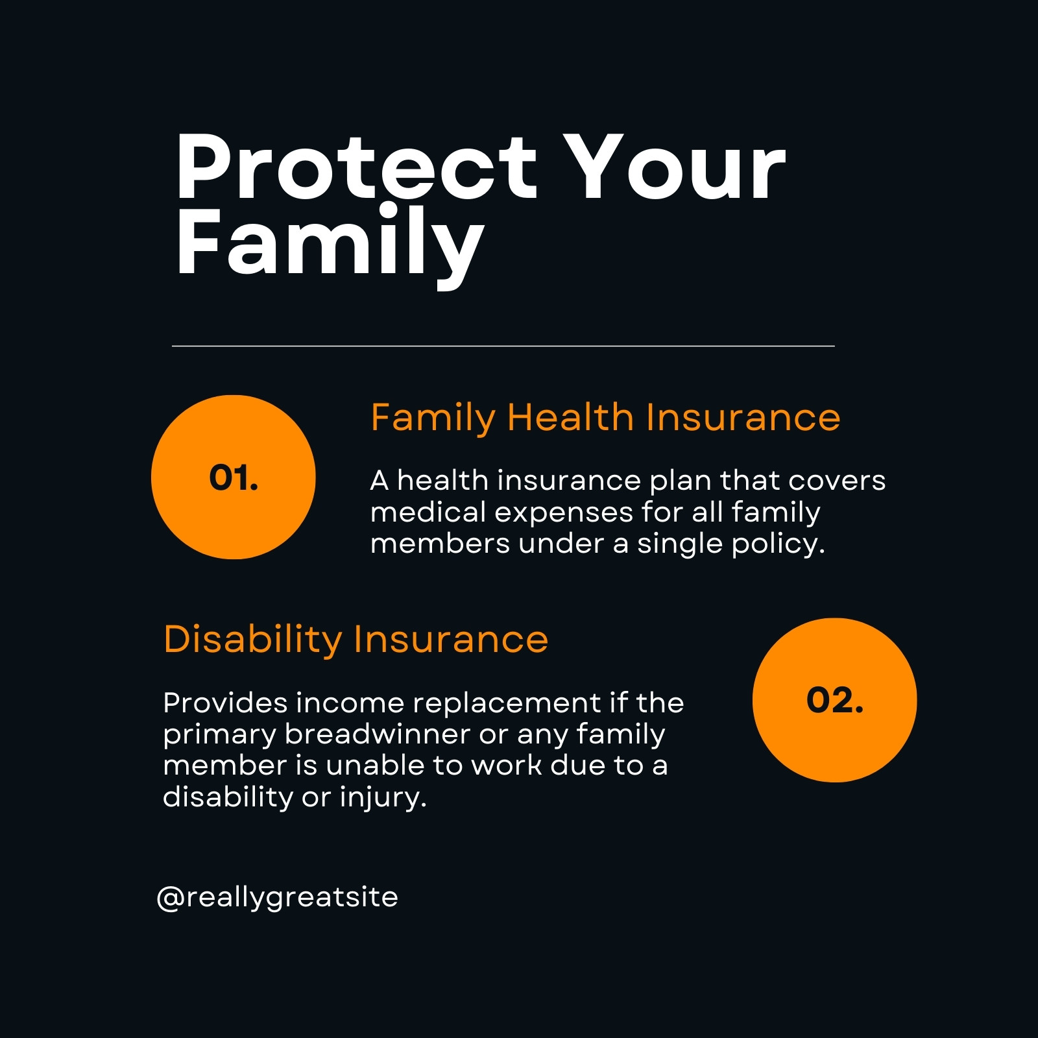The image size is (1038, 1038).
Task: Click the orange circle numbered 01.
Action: tap(234, 477)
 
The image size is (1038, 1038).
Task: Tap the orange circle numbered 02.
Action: tap(835, 700)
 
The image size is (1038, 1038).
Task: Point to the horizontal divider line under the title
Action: tap(503, 346)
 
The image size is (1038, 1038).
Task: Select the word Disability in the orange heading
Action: tap(253, 640)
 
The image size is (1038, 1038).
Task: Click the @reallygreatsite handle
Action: tap(277, 898)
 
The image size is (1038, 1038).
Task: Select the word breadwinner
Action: tap(378, 734)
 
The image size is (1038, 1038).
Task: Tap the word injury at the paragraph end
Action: tap(383, 797)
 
